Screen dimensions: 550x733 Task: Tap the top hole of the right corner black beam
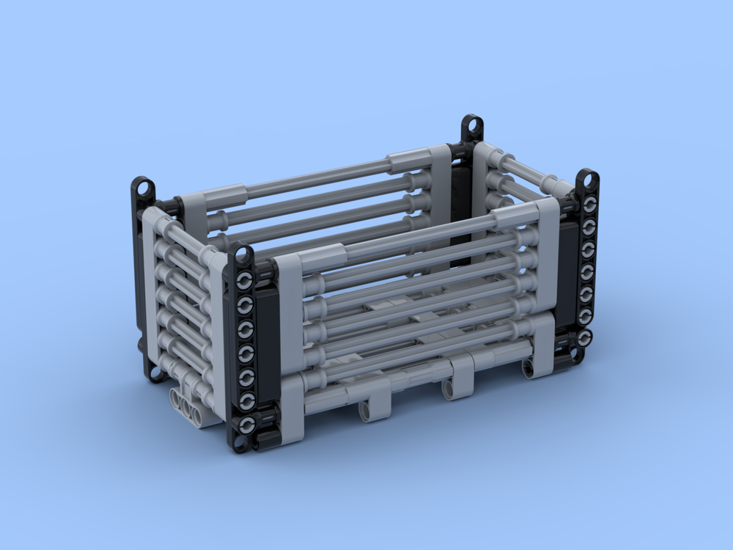[x=587, y=179]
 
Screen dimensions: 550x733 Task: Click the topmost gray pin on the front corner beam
[x=245, y=279]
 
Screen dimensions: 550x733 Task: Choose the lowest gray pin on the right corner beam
[x=585, y=338]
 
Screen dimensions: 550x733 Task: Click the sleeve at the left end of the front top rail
[x=320, y=259]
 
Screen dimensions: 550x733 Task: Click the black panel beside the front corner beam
[x=265, y=337]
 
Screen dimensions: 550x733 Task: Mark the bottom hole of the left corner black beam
[x=155, y=372]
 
